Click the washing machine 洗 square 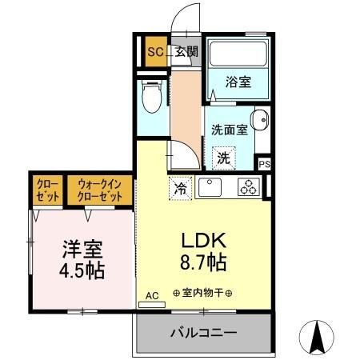223,158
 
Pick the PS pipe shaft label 265,164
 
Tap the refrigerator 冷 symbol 181,190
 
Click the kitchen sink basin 210,189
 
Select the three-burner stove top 248,189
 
